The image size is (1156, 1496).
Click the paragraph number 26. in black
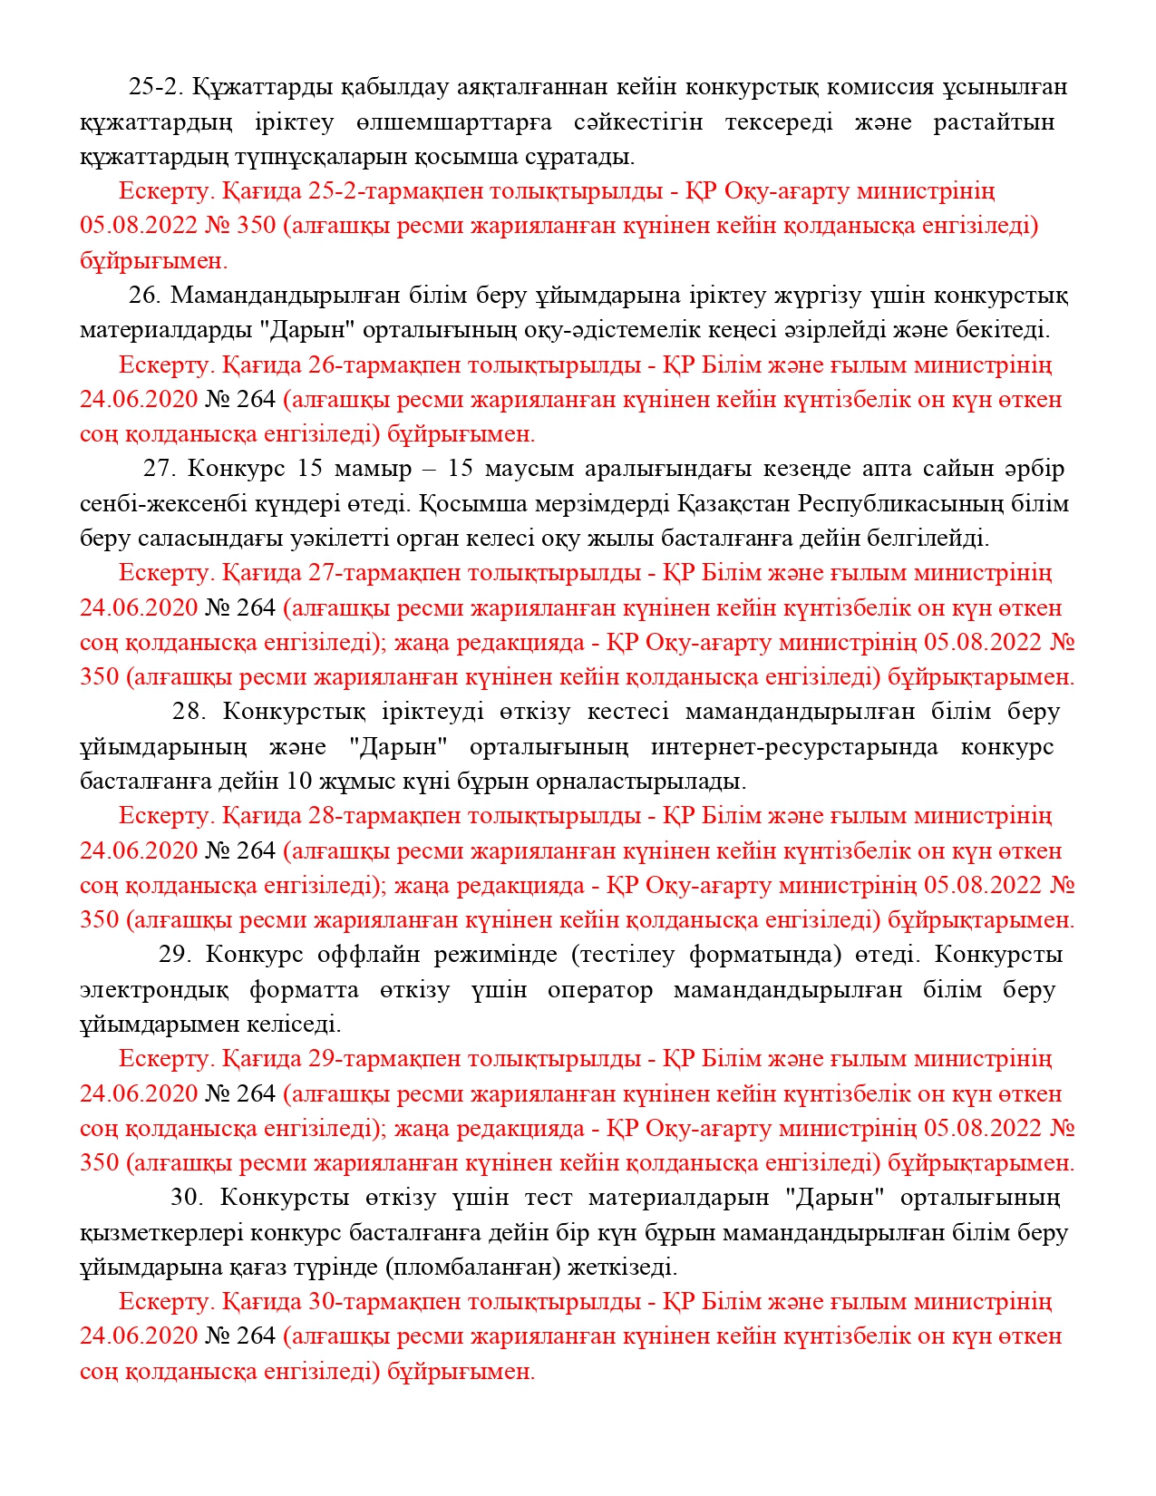click(144, 296)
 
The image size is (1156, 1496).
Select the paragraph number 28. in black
click(189, 712)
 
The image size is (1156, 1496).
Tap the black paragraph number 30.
click(187, 1198)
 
